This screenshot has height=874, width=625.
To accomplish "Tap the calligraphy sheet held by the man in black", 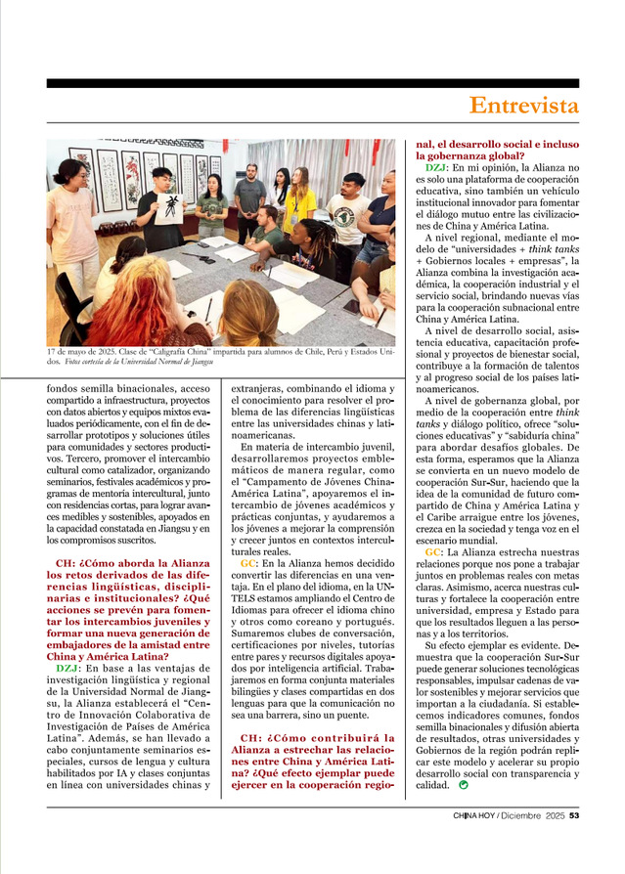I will coord(168,209).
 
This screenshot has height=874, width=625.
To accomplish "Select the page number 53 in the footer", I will coord(574,817).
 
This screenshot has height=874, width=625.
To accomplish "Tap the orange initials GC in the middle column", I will coord(248,564).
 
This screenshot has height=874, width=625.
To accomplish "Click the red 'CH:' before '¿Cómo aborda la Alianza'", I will coord(67,564).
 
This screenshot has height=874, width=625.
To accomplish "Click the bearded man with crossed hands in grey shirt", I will coord(249,199).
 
